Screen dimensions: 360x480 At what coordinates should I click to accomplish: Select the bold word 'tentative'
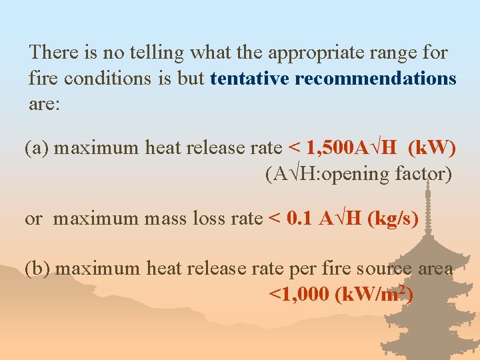click(x=250, y=79)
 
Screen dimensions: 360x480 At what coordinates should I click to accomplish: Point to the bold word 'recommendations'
click(x=375, y=79)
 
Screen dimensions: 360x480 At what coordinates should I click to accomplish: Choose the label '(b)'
click(x=37, y=269)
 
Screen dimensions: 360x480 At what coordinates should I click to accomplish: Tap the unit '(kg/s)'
click(x=393, y=219)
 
